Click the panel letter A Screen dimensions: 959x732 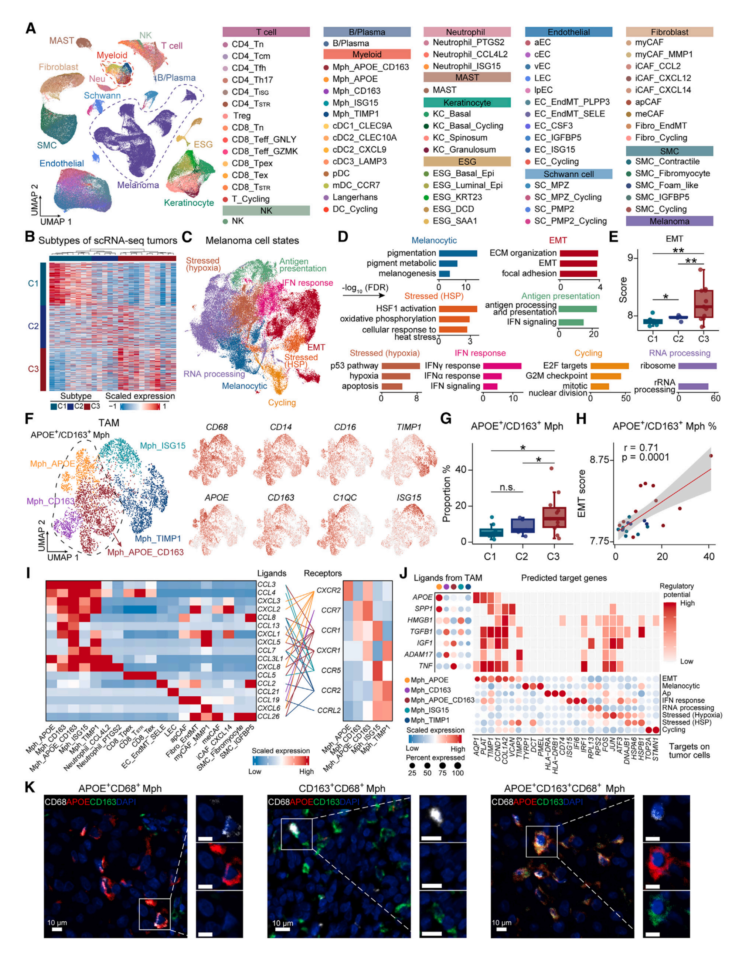coord(31,28)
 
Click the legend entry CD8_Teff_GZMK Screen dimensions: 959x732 coord(265,151)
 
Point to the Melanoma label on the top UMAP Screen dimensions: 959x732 coord(138,185)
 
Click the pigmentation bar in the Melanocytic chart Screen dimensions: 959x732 coord(457,253)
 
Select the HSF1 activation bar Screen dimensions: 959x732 coord(457,308)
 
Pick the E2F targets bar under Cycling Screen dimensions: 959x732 coord(609,366)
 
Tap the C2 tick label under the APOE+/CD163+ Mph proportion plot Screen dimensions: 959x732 coord(521,557)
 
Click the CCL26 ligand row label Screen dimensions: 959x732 coord(268,716)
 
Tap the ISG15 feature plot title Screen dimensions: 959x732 coord(408,497)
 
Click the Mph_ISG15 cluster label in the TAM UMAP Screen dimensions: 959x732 coord(163,446)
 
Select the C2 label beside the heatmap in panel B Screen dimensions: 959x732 coord(33,326)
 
